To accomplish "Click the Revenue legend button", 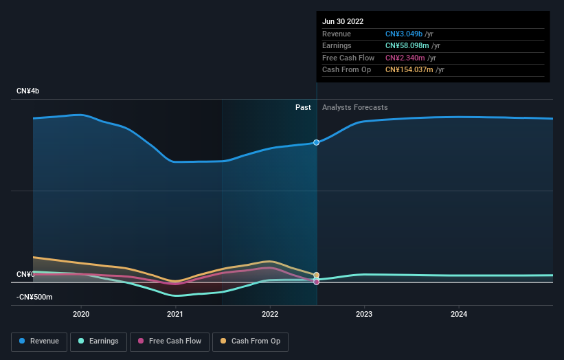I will click(39, 341).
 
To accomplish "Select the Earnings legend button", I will click(98, 341).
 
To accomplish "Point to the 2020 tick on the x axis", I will click(81, 314).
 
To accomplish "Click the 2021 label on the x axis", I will click(175, 314).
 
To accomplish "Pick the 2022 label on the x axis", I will click(270, 314).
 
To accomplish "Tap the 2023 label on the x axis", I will click(364, 314).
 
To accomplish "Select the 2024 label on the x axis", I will click(459, 314).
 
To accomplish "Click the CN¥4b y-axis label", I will click(28, 91).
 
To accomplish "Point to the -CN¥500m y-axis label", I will click(34, 297).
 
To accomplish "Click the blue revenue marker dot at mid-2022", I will click(317, 142).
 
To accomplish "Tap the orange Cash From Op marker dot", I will click(317, 275).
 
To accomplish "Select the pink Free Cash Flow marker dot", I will click(317, 282).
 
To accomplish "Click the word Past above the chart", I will click(303, 107).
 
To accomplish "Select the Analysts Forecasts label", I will click(354, 107).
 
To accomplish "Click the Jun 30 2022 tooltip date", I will click(343, 21).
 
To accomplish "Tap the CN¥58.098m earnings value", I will click(408, 46).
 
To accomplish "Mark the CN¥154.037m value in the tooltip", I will click(410, 69).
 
